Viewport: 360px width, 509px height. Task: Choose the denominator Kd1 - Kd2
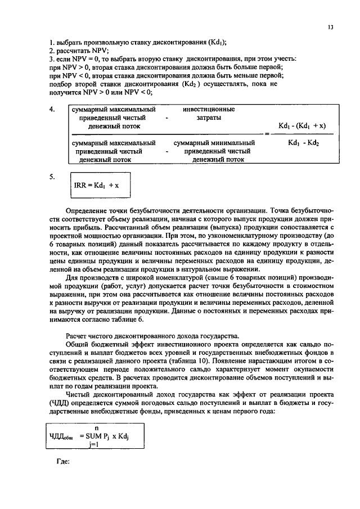[x=303, y=143]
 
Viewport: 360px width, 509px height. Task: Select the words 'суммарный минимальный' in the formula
[x=210, y=143]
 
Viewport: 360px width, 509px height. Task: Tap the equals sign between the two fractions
[x=267, y=134]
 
